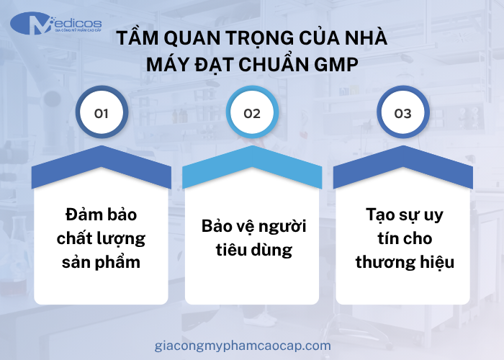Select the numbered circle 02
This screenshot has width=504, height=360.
click(x=252, y=114)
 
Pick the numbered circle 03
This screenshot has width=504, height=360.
click(x=403, y=114)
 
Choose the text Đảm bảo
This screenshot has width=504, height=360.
click(x=101, y=215)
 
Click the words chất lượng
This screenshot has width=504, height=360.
click(x=101, y=238)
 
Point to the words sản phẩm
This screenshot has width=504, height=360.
click(x=101, y=261)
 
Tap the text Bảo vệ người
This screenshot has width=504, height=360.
click(x=253, y=227)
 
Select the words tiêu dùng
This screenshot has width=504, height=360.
click(x=252, y=250)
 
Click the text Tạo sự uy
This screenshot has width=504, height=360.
click(x=403, y=215)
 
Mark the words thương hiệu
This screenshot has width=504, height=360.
click(x=403, y=261)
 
